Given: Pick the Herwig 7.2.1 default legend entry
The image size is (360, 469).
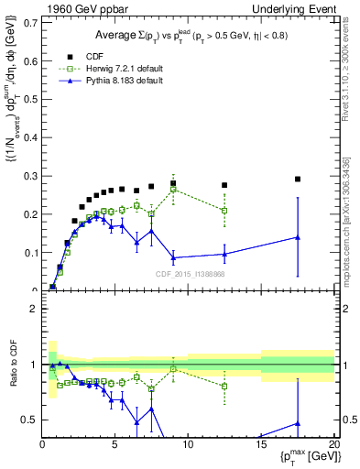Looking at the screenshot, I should pyautogui.click(x=121, y=68).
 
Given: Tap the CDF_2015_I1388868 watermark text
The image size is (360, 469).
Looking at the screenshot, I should pyautogui.click(x=189, y=274).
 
